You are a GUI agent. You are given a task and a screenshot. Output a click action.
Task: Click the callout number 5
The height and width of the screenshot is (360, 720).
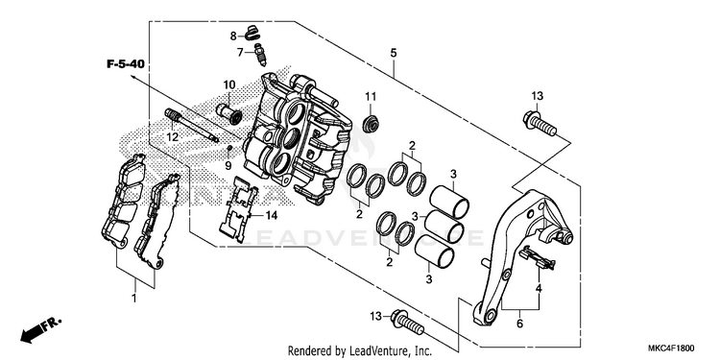(394, 53)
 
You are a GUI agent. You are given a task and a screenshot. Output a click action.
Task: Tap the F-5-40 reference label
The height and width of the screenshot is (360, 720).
(126, 64)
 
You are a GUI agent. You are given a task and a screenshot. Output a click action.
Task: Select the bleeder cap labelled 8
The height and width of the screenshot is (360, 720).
(252, 33)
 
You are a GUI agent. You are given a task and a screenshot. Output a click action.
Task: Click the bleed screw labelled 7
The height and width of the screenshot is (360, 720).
(260, 55)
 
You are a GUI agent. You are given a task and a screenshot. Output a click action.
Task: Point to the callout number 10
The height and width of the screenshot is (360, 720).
(229, 84)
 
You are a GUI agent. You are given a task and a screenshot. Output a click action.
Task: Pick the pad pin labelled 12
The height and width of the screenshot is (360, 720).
(191, 124)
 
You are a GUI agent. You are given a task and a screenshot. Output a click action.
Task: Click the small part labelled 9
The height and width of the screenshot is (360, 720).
(229, 148)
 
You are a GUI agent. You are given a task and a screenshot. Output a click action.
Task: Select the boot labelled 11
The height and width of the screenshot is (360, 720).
(371, 123)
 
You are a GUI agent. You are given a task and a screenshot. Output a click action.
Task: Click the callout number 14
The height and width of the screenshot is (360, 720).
(272, 215)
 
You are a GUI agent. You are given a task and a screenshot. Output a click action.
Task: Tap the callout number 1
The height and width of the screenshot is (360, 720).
(134, 298)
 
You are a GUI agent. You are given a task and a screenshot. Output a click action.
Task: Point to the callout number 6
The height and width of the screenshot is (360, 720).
(519, 324)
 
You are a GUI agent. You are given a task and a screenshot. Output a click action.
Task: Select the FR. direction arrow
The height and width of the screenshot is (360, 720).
(40, 329)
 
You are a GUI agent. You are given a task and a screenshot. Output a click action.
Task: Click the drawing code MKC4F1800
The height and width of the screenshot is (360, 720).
(671, 348)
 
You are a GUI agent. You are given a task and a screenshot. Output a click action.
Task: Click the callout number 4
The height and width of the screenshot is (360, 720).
(539, 289)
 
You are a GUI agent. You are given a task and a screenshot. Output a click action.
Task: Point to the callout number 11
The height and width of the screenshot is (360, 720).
(371, 96)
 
